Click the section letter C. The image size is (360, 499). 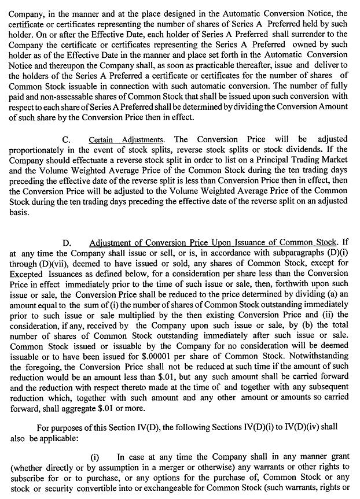(x=66, y=140)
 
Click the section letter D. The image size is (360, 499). (x=66, y=243)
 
